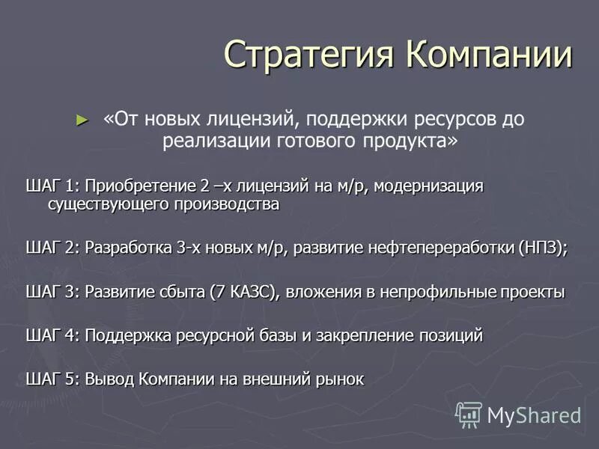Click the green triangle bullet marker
click(x=82, y=119)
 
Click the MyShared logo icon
click(x=469, y=415)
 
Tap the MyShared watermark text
click(x=534, y=415)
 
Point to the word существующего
click(x=109, y=204)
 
